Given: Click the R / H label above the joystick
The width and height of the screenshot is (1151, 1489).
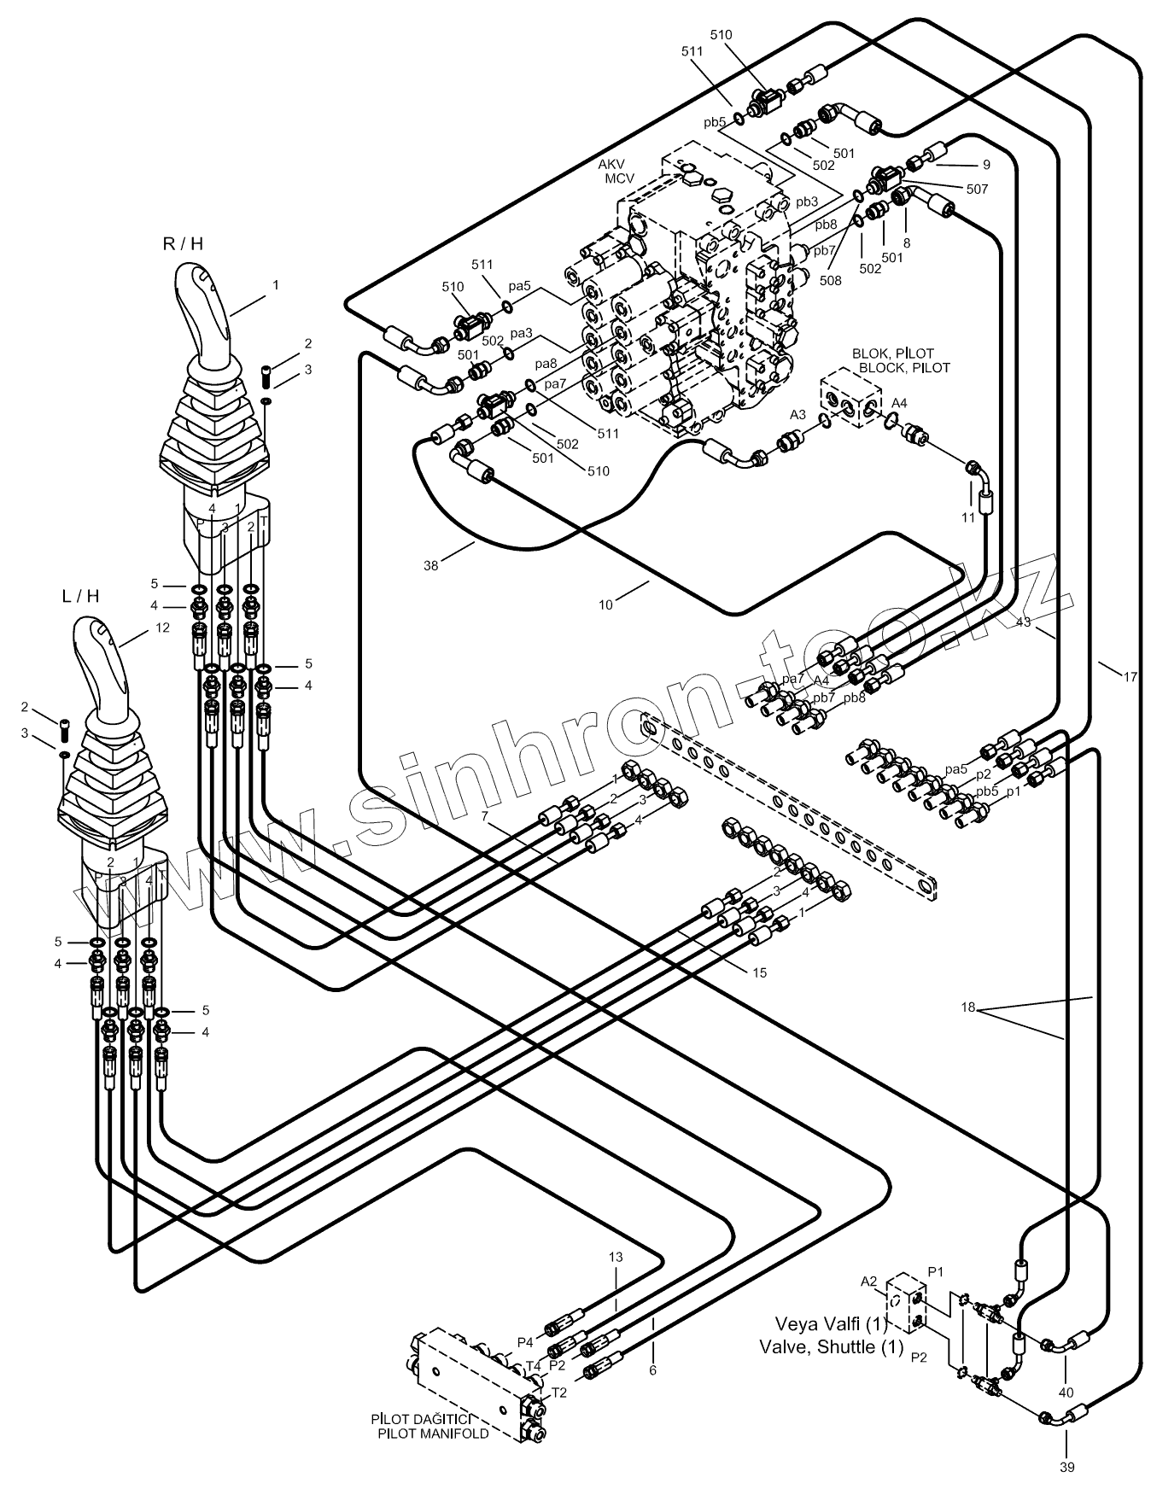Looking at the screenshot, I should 183,243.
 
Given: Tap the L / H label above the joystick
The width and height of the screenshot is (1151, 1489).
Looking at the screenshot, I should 81,596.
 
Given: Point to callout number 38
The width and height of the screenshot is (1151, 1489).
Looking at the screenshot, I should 431,564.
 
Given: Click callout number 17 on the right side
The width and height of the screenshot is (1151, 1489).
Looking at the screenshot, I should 1130,677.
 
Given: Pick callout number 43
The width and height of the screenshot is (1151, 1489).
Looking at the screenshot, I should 1025,622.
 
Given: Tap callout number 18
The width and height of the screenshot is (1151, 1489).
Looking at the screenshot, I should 967,1007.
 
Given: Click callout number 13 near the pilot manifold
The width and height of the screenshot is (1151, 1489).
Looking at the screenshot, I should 616,1257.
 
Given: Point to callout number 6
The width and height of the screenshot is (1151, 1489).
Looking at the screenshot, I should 653,1370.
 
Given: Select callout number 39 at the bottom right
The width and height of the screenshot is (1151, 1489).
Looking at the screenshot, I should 1067,1467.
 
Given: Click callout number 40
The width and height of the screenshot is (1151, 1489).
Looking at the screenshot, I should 1066,1393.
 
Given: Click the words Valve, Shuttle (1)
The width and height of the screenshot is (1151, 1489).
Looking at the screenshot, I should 831,1370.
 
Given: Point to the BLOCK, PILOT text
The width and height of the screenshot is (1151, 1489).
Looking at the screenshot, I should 904,368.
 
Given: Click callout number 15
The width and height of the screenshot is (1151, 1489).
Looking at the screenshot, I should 760,972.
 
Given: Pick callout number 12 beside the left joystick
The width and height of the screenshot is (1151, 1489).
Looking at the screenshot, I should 163,628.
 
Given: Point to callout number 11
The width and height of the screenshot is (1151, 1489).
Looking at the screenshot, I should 967,517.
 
